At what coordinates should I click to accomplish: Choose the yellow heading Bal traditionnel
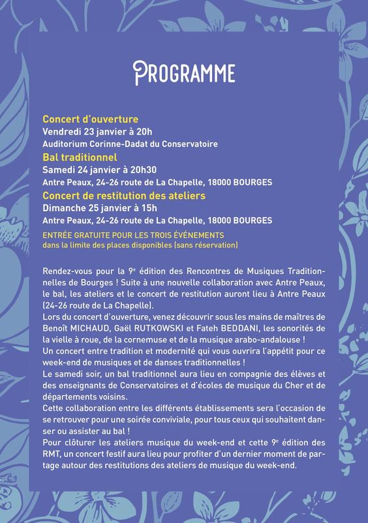point(80,158)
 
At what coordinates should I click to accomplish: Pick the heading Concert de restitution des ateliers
point(124,195)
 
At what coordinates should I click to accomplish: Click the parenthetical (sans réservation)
point(206,245)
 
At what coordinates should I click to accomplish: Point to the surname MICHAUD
point(87,329)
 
